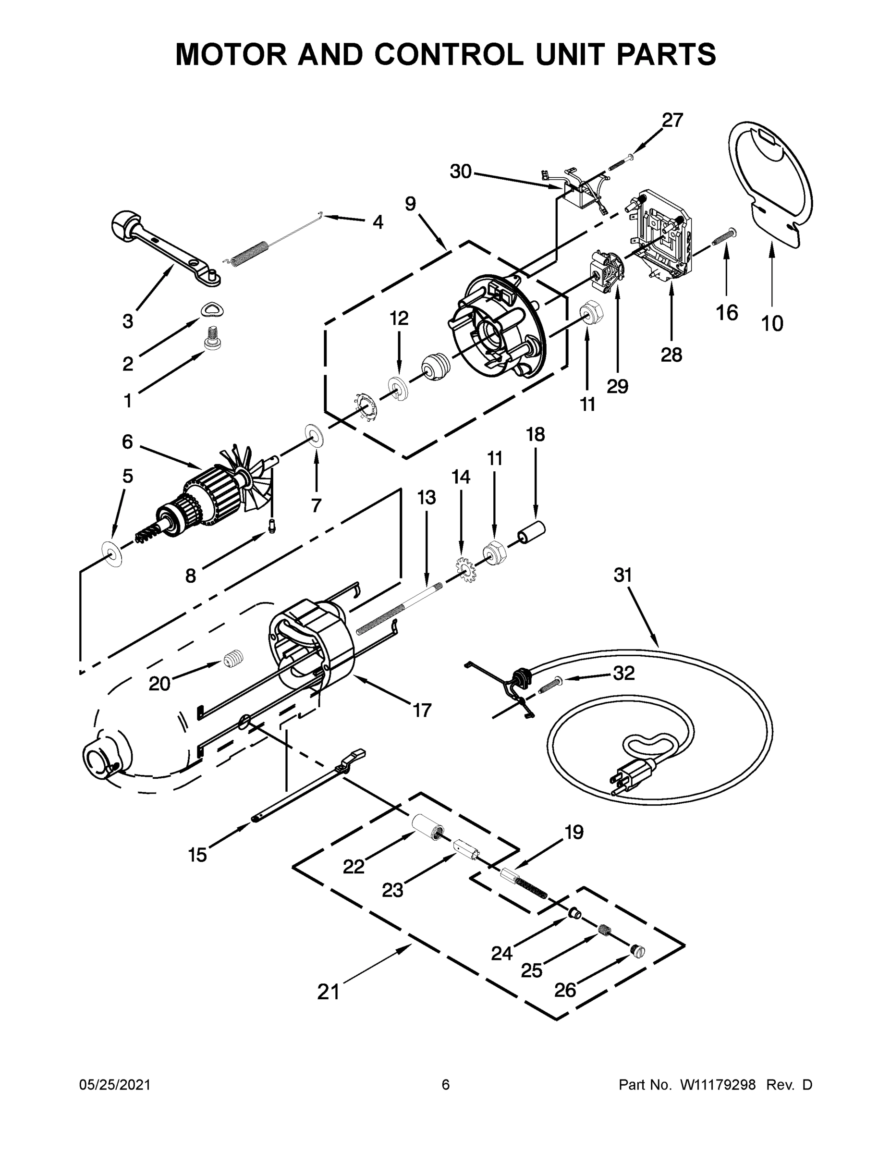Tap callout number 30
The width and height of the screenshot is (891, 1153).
click(x=460, y=171)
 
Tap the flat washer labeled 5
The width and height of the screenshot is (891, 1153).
click(x=112, y=554)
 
